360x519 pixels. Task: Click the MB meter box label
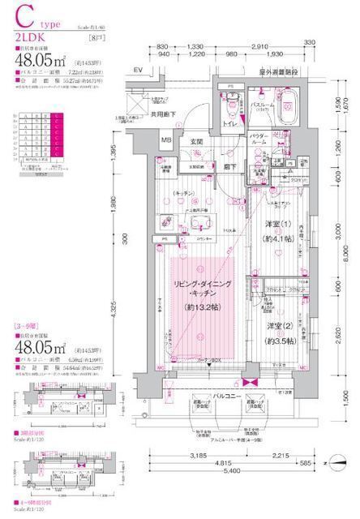[x=165, y=140]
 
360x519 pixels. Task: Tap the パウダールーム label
[x=259, y=139]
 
